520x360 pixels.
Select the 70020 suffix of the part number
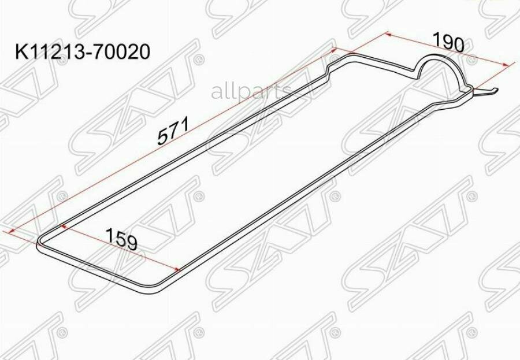point(122,52)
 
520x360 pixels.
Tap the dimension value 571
point(173,130)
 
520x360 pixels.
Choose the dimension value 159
point(121,239)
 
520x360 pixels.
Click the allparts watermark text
point(251,91)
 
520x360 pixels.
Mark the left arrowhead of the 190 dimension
point(389,34)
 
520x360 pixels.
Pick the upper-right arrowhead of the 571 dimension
point(334,50)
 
